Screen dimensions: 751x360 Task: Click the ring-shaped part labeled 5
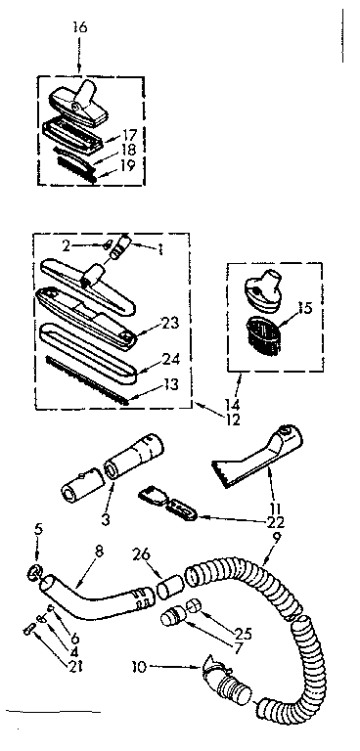(34, 569)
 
